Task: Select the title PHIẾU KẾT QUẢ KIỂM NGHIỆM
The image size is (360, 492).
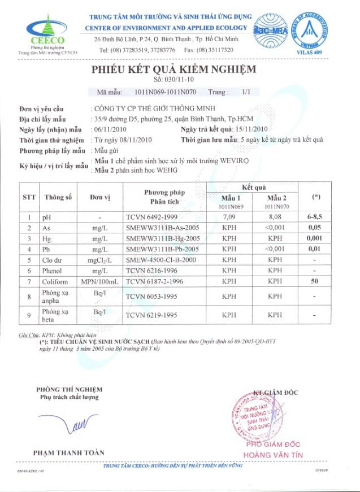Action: tap(174, 69)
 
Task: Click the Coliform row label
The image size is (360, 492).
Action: tap(55, 281)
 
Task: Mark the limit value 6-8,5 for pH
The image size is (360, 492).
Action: tap(316, 216)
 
